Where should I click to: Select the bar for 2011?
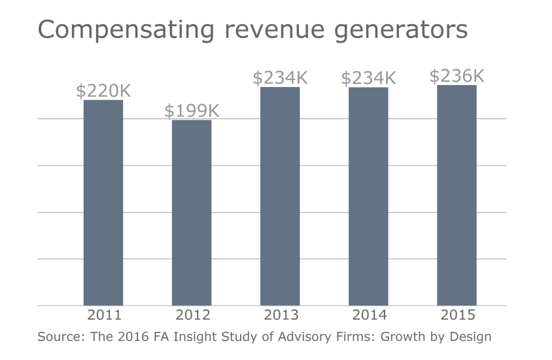[103, 202]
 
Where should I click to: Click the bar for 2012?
[192, 212]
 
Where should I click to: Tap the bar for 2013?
[280, 196]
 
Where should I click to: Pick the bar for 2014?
[368, 196]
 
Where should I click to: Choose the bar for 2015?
[457, 195]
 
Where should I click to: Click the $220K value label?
[103, 91]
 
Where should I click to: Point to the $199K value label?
[192, 111]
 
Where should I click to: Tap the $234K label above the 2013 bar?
[280, 78]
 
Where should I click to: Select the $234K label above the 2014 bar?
[368, 79]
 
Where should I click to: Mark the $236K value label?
[457, 76]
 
